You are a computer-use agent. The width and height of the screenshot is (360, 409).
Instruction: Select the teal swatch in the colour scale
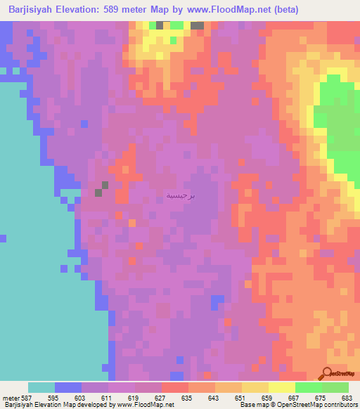tap(41, 387)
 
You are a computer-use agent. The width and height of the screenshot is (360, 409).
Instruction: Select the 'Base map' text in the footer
tap(255, 405)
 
